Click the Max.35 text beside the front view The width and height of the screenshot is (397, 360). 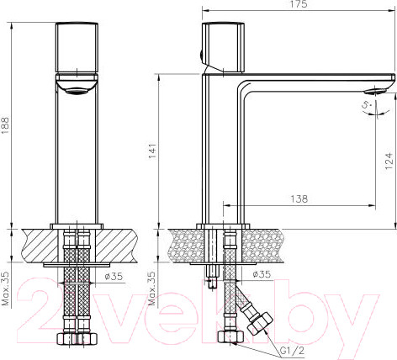pos(8,288)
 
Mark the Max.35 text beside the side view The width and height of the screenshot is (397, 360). pos(152,288)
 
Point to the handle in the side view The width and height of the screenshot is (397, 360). pos(222,46)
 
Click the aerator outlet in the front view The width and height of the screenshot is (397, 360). pos(78,90)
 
